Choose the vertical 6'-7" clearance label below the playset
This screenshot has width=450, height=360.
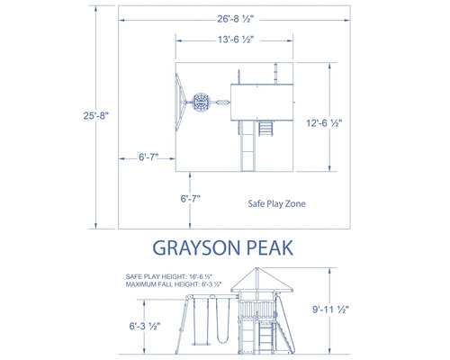pos(192,199)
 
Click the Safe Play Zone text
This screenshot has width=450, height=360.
pos(277,204)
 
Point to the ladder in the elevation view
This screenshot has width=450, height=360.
pos(266,338)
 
